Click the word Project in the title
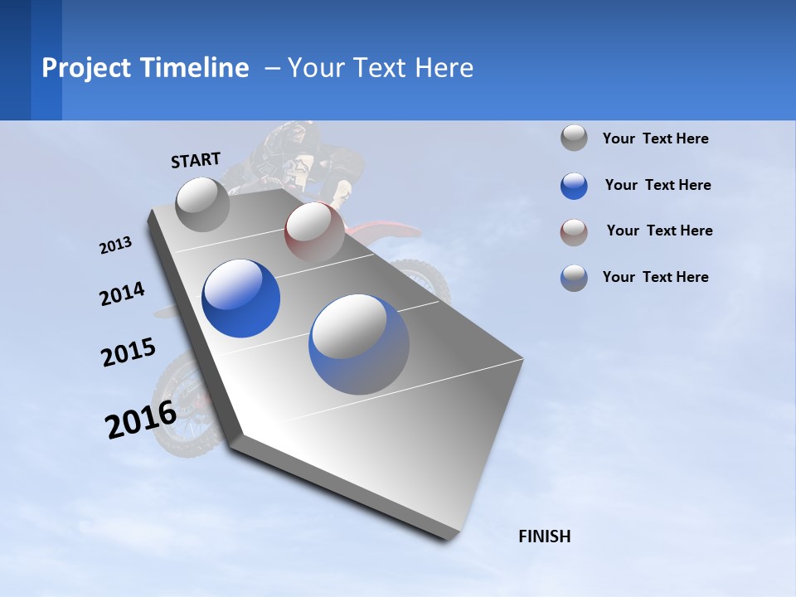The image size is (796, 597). pyautogui.click(x=86, y=68)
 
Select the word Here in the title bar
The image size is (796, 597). pyautogui.click(x=444, y=68)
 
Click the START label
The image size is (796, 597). pyautogui.click(x=196, y=160)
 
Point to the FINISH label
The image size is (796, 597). pyautogui.click(x=544, y=536)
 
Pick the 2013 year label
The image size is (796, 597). pyautogui.click(x=115, y=245)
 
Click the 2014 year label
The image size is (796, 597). pyautogui.click(x=122, y=294)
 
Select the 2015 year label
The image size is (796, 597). pyautogui.click(x=128, y=352)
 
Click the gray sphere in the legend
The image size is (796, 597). pyautogui.click(x=574, y=138)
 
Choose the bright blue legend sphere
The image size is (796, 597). pyautogui.click(x=574, y=185)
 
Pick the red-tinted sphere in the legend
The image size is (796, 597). pyautogui.click(x=574, y=232)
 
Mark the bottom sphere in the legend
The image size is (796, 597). pyautogui.click(x=574, y=278)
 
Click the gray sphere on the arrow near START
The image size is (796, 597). pyautogui.click(x=203, y=204)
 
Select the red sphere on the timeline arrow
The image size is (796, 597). pyautogui.click(x=314, y=232)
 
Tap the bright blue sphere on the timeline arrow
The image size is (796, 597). pyautogui.click(x=240, y=298)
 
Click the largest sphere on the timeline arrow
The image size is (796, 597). pyautogui.click(x=359, y=344)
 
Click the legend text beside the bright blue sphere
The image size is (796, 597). pyautogui.click(x=658, y=185)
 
